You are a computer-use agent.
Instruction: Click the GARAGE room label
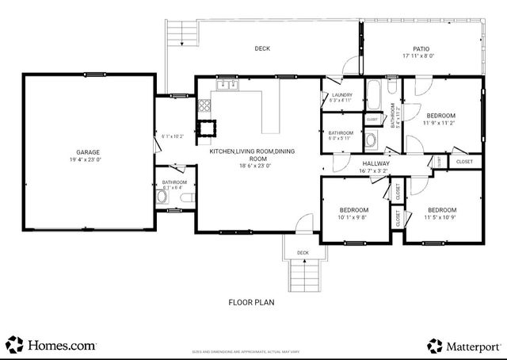point(88,151)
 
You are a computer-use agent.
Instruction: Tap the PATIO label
point(421,48)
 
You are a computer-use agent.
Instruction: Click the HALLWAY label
point(374,163)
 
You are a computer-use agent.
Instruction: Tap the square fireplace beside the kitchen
point(209,127)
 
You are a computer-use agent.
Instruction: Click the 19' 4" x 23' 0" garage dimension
point(88,159)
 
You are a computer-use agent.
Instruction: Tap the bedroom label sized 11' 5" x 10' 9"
point(440,209)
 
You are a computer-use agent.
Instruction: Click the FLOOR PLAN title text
point(252,302)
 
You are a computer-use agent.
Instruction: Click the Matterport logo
point(463,346)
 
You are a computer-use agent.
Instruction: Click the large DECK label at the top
point(262,48)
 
